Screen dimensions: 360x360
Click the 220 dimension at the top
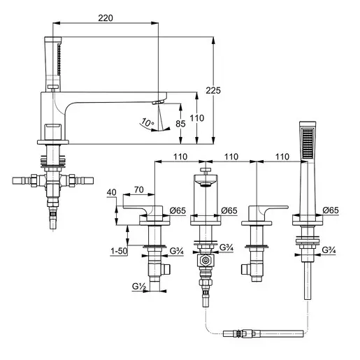point(106,18)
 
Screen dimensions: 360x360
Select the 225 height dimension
point(213,90)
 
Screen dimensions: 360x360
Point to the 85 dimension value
point(180,124)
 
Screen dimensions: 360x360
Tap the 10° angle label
point(147,122)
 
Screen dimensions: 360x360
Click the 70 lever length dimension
point(138,190)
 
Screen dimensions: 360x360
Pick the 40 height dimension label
point(111,192)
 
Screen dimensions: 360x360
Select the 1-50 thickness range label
point(119,251)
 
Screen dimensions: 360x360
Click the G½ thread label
point(139,286)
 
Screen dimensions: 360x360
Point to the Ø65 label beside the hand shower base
point(331,210)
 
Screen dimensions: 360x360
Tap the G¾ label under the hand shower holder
point(329,250)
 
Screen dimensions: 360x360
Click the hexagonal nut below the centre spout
point(206,260)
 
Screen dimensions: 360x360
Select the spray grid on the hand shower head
point(308,143)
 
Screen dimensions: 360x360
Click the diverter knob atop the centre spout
point(206,171)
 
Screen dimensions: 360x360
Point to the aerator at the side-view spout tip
point(159,102)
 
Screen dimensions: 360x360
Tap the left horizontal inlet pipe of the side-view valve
point(22,180)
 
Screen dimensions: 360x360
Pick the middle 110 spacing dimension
point(231,157)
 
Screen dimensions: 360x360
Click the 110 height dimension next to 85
point(197,118)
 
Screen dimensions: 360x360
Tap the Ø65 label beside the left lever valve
point(178,210)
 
